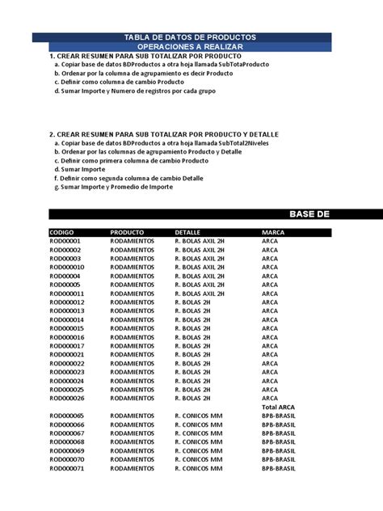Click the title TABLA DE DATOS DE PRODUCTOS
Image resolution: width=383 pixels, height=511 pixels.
191,37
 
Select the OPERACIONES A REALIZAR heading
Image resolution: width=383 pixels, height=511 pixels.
191,47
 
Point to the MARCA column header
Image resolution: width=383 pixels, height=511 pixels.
272,232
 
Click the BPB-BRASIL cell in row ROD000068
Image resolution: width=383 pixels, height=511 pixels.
279,442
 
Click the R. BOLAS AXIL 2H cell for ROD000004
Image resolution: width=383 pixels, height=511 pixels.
200,276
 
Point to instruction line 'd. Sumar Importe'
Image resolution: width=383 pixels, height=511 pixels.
82,171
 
